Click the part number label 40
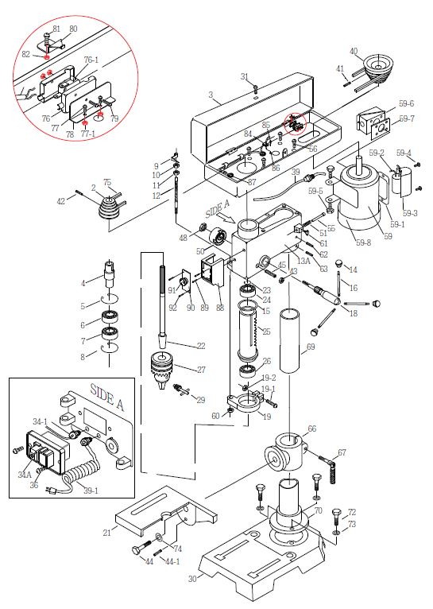click(x=354, y=52)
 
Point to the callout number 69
click(x=311, y=347)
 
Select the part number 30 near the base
click(x=191, y=580)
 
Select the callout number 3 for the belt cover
click(x=211, y=95)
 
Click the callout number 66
click(x=311, y=429)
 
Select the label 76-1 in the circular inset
click(x=91, y=60)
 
